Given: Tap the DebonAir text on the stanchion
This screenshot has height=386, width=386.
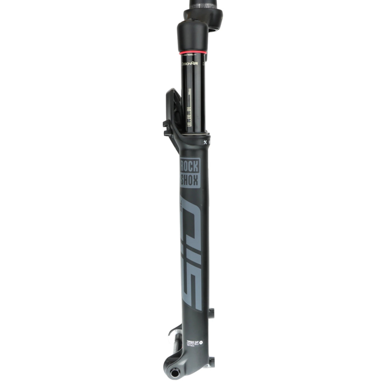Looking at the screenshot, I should point(188,64).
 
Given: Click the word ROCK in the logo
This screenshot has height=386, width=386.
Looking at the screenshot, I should point(190,167).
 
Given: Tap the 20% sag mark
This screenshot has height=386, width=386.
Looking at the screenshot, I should point(189,116).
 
